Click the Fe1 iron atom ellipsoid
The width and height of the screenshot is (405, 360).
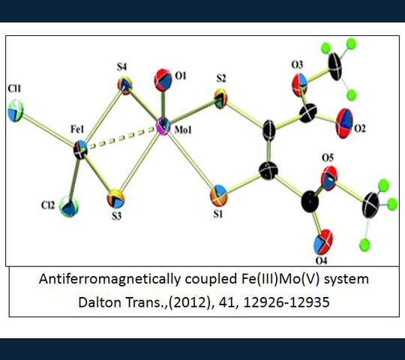click(80, 149)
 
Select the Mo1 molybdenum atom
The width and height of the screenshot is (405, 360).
click(163, 126)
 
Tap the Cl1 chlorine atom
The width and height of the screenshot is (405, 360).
click(16, 110)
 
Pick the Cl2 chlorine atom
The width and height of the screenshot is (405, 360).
click(68, 206)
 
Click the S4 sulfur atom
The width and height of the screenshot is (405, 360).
click(125, 85)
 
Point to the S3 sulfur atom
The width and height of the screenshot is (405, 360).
click(115, 199)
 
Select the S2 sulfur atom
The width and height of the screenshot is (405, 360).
click(220, 98)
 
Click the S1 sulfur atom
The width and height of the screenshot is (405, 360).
click(218, 196)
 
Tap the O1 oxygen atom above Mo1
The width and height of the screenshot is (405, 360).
click(163, 80)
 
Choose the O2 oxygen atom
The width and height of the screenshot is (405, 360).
click(344, 123)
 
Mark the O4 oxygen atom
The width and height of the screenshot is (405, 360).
click(322, 242)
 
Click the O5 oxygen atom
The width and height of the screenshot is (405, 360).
click(329, 178)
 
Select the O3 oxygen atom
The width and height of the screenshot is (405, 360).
click(299, 85)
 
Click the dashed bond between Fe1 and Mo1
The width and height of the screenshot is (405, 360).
click(121, 138)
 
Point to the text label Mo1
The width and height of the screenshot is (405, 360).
click(183, 130)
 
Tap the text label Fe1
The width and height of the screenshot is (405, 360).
click(77, 130)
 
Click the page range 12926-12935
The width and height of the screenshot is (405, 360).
click(286, 302)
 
